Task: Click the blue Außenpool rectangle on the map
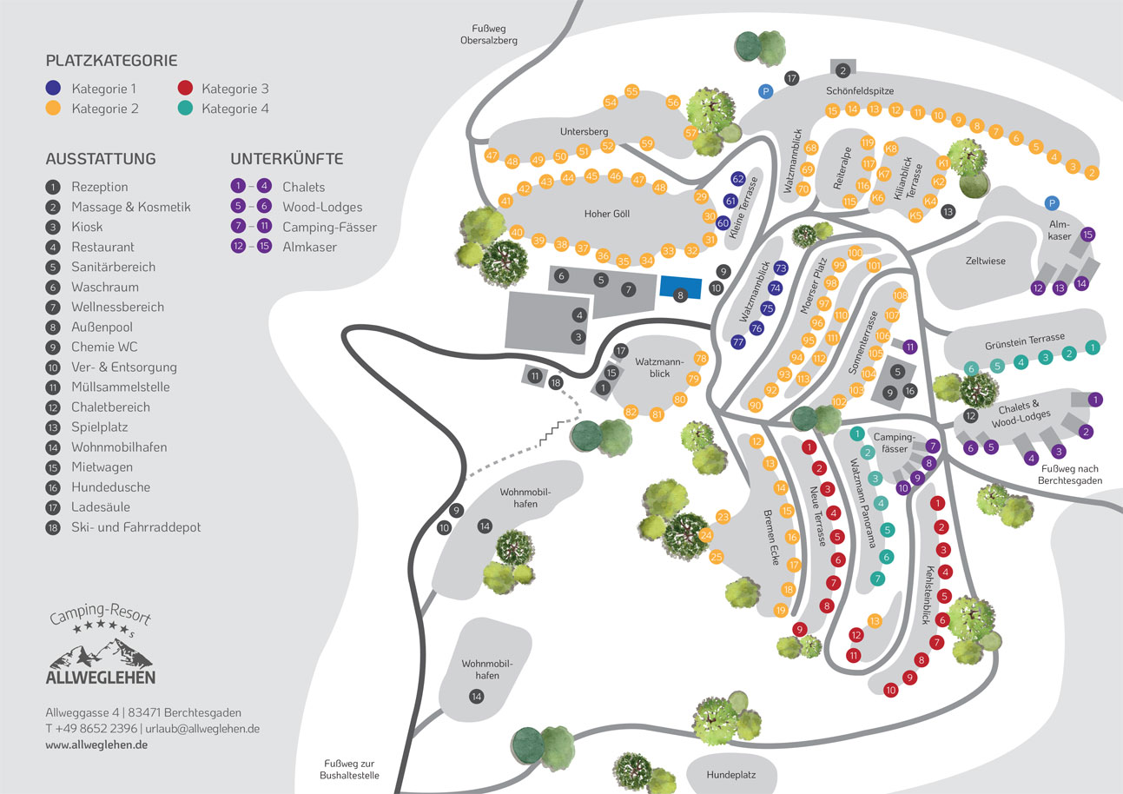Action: coord(680,288)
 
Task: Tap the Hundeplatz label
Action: coord(731,775)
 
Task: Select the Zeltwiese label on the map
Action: coord(985,261)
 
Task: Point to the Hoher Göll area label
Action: coord(606,214)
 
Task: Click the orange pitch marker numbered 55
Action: coord(631,91)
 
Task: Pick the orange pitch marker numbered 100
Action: coord(855,253)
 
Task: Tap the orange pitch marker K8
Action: coord(891,149)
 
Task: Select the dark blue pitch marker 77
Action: coord(738,342)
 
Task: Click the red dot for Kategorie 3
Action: coord(185,88)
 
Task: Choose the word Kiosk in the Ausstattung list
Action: coord(87,227)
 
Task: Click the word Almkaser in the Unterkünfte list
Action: coord(309,247)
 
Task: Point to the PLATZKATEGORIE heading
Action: coord(111,61)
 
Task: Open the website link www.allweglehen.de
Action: coord(96,744)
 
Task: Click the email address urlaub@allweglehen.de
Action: coord(202,729)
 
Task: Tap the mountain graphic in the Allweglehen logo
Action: coord(101,653)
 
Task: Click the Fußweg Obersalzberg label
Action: coord(489,35)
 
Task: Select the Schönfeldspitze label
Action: coord(860,91)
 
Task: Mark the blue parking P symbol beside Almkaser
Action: coord(1052,203)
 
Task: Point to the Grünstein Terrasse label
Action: coord(1025,341)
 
